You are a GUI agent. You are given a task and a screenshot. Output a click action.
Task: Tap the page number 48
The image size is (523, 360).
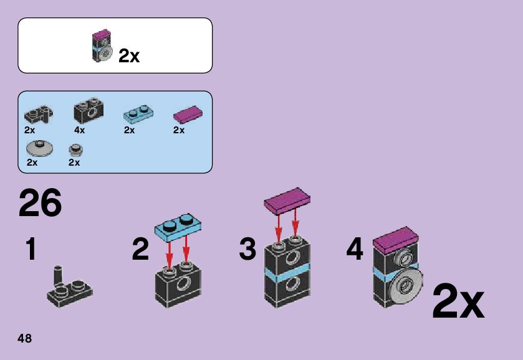[x=25, y=339]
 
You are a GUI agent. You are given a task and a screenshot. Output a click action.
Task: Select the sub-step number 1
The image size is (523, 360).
[x=30, y=250]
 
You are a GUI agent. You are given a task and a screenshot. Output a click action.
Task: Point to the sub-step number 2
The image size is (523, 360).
[x=140, y=250]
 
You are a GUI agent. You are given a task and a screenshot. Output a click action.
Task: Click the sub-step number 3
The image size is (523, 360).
[x=247, y=250]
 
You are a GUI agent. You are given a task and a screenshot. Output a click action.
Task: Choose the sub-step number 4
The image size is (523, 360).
[x=354, y=250]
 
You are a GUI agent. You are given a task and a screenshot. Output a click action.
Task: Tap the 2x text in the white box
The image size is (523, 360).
[x=129, y=56]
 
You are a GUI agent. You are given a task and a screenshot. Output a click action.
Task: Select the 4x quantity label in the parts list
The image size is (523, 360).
[x=79, y=130]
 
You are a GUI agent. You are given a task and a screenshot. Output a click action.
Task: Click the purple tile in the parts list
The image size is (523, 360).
[x=188, y=114]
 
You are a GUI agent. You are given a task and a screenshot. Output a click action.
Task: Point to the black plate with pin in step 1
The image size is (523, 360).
[x=69, y=290]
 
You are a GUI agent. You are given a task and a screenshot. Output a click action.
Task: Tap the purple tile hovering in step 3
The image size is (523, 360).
[x=288, y=199]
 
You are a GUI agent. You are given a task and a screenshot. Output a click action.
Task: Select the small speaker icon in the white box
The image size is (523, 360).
[x=102, y=46]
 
